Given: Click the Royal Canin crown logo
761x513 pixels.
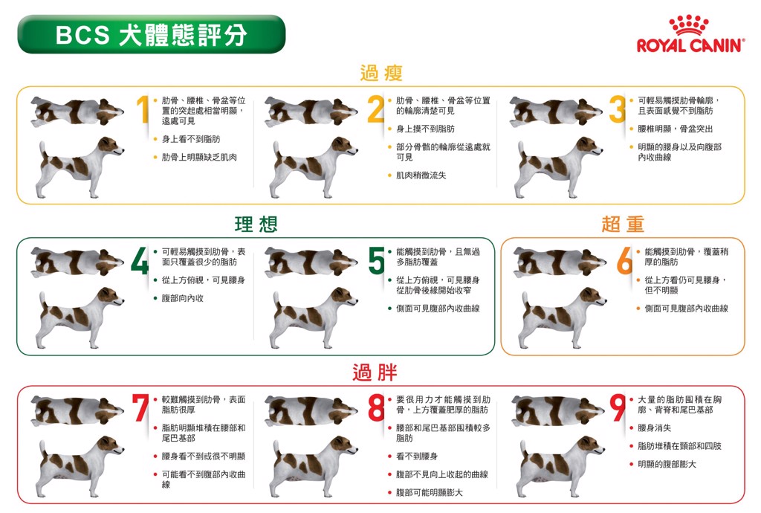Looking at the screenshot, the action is [689, 25].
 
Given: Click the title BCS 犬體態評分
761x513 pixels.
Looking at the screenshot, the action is [152, 35].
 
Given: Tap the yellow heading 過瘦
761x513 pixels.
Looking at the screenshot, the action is [381, 74].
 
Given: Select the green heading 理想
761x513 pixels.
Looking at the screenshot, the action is [256, 225].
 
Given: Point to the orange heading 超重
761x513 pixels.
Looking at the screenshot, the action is [623, 225].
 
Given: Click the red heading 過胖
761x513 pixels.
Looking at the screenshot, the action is [375, 372].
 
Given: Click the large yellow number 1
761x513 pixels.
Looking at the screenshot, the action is [143, 109].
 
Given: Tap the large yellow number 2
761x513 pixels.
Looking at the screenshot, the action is [376, 109].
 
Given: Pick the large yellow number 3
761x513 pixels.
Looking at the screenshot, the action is [618, 109].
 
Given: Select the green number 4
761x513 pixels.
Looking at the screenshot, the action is [140, 261].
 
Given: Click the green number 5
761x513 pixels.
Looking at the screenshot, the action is [376, 261].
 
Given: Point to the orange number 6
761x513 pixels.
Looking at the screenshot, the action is [624, 261].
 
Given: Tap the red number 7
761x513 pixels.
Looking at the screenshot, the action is [140, 407].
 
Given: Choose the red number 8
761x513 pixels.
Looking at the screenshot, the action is [376, 407].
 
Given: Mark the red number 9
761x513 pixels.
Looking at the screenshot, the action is [618, 407].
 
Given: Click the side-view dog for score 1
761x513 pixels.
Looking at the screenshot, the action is [79, 167].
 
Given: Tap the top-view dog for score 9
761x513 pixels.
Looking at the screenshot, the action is [558, 410].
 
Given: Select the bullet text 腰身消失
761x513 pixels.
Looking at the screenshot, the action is [654, 428].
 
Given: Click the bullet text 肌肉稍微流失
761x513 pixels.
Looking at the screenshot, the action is [421, 175].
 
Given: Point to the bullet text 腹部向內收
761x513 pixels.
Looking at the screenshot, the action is [183, 298].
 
